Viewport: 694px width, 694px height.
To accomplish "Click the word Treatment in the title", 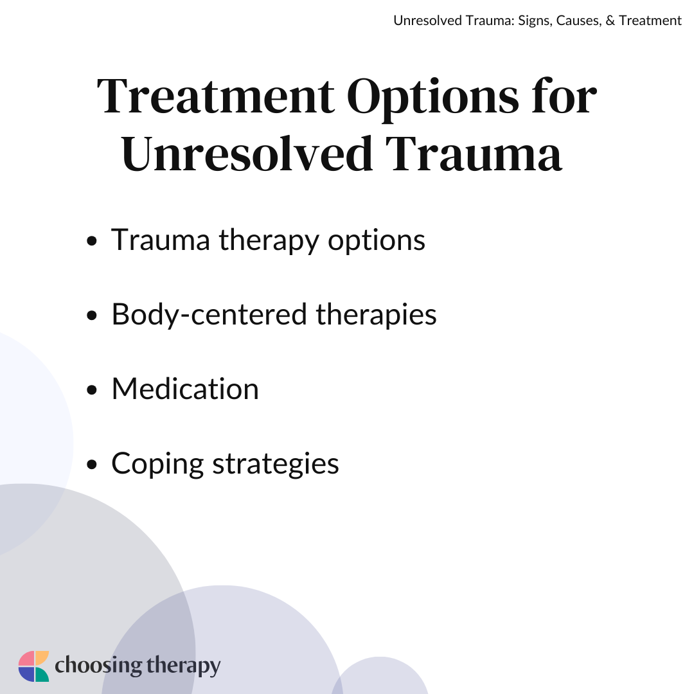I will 215,96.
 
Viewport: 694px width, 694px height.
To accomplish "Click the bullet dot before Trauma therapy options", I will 92,242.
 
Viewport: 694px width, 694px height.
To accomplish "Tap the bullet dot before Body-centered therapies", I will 92,316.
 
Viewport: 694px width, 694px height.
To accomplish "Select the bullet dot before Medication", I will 92,391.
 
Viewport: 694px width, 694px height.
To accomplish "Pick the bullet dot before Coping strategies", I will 92,465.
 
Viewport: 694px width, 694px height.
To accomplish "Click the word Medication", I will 185,389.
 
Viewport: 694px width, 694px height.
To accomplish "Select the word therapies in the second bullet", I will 377,315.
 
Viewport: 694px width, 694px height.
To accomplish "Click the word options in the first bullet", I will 377,240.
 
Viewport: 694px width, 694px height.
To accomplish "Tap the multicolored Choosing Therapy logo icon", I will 33,666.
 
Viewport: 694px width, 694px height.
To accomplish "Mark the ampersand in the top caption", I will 610,21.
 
